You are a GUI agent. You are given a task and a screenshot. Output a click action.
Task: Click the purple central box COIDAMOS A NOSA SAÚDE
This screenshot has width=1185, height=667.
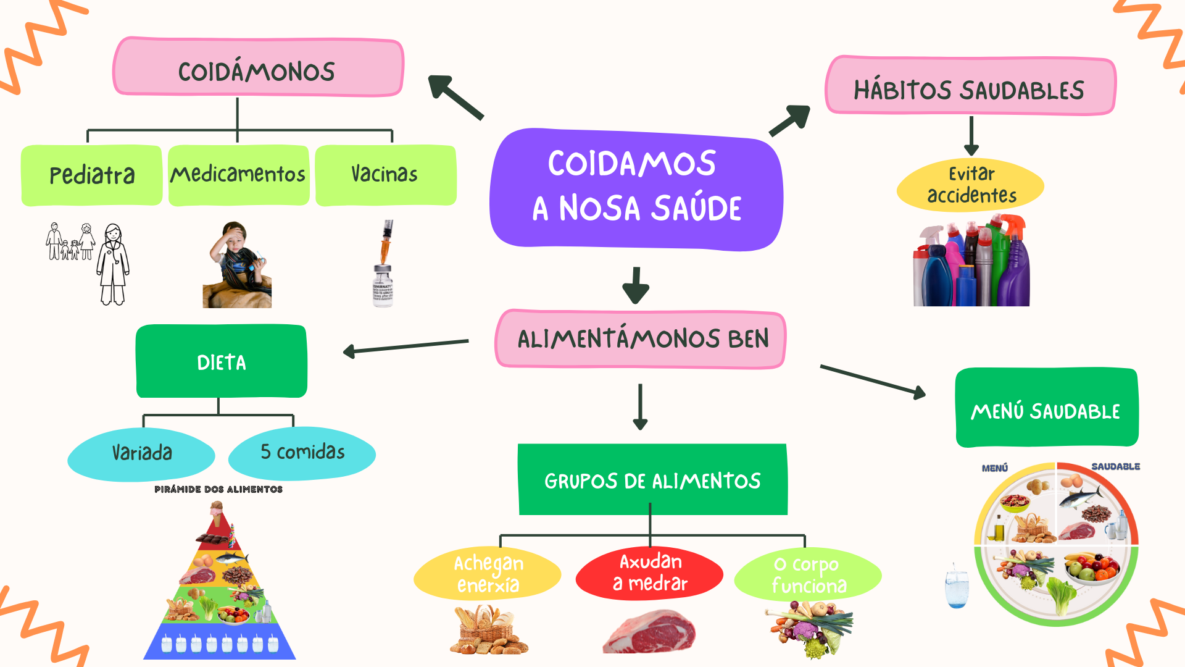coord(636,188)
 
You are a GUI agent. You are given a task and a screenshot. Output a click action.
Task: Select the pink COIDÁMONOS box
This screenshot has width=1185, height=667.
coord(257,68)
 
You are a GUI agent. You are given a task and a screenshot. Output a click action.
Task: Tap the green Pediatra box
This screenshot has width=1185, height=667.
coord(91,175)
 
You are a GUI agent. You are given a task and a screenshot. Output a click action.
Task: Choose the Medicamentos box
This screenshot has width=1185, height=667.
coord(238,175)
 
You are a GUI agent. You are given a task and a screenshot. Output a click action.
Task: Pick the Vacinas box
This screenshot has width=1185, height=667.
coord(385,175)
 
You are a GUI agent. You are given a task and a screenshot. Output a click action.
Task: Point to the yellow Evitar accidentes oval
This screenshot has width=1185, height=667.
coord(970,185)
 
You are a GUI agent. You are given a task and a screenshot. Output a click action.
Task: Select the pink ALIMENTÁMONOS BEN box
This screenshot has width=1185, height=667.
coord(641,339)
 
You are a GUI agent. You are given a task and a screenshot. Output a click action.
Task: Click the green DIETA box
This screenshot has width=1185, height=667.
coord(221,361)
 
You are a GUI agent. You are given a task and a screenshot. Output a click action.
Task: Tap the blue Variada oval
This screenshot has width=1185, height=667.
coord(141,453)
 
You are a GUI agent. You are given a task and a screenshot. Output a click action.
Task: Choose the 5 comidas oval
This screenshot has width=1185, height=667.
coord(302,453)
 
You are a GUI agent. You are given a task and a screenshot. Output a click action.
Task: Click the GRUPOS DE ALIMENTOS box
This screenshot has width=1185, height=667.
coord(652,480)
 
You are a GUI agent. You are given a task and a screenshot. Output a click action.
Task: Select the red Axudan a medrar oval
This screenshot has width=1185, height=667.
coord(649,573)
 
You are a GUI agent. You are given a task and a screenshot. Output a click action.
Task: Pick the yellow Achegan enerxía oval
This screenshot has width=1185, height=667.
coord(488,574)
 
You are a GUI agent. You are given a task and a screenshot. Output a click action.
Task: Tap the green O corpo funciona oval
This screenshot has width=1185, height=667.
coord(808,574)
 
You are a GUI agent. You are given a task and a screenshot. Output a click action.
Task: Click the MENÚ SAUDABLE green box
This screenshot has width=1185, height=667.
coord(1046,408)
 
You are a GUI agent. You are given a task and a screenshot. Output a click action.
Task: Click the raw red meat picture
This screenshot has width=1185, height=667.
coord(649,632)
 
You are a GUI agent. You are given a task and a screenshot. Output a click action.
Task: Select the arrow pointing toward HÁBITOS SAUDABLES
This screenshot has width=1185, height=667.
coord(789,120)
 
